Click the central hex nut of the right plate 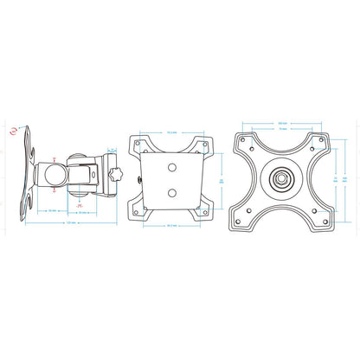coord(281,179)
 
